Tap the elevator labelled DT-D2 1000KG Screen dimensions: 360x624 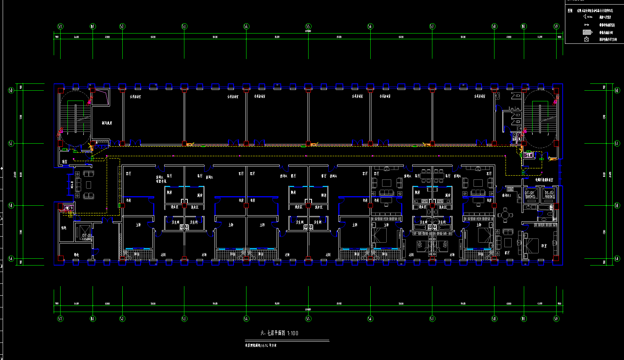point(549,194)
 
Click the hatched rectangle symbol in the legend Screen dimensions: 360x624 point(587,32)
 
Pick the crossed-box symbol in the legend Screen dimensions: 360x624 point(587,39)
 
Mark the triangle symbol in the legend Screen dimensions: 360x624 point(585,16)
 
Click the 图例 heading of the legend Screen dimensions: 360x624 point(570,11)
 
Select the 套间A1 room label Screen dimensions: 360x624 point(506,195)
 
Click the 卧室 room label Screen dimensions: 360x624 point(544,246)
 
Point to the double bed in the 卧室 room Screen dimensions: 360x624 point(530,245)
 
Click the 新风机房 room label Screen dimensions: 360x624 point(107,123)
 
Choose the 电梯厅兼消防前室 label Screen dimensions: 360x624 point(544,180)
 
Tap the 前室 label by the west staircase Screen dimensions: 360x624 point(65,162)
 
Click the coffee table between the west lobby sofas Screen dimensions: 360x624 point(89,185)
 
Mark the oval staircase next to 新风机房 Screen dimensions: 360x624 point(75,118)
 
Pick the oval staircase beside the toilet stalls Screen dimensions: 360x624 point(540,118)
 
